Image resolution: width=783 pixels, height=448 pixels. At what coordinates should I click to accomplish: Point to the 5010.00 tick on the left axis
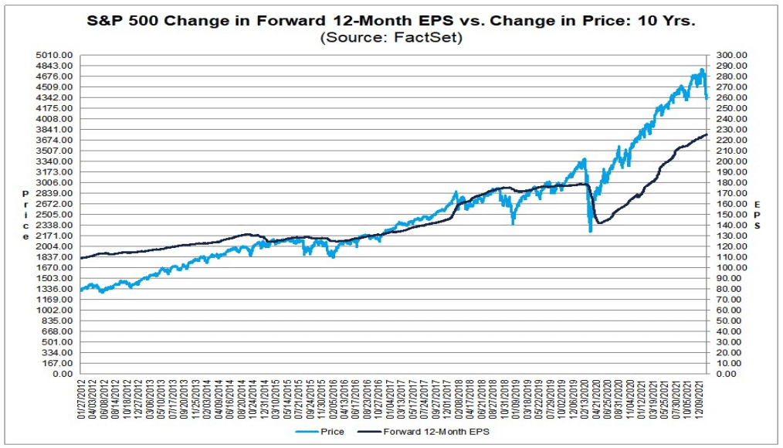pyautogui.click(x=57, y=56)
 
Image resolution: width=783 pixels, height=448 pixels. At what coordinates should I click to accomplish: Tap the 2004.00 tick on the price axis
pyautogui.click(x=57, y=246)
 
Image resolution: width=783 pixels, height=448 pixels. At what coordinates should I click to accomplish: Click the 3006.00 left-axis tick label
pyautogui.click(x=57, y=182)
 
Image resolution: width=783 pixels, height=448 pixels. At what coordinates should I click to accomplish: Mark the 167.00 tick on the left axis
pyautogui.click(x=59, y=363)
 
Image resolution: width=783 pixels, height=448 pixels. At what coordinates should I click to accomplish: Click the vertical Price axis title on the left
pyautogui.click(x=25, y=214)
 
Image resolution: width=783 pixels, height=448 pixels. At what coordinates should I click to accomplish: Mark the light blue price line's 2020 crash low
pyautogui.click(x=590, y=230)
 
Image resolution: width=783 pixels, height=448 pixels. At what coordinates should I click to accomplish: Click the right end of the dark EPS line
pyautogui.click(x=706, y=135)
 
